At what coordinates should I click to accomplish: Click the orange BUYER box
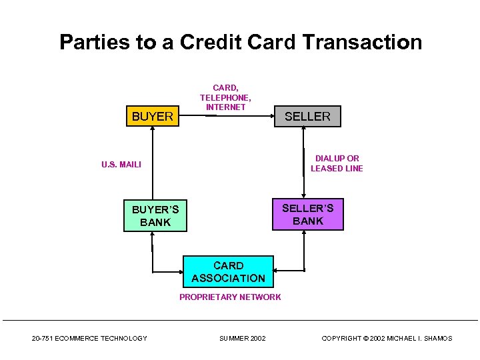click(153, 117)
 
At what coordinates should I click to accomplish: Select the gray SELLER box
click(307, 117)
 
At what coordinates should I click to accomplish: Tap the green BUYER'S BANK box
click(155, 216)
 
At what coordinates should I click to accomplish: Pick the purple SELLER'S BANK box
click(307, 215)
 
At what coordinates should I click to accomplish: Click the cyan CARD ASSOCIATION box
click(228, 272)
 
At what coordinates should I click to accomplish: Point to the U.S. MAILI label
click(121, 164)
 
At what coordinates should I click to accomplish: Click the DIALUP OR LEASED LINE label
click(337, 163)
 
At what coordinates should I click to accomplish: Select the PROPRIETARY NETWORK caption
click(230, 297)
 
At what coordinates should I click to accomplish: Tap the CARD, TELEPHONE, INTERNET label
click(225, 97)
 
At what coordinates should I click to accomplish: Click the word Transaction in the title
click(362, 43)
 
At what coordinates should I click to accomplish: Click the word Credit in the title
click(207, 43)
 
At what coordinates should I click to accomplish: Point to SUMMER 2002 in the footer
click(242, 339)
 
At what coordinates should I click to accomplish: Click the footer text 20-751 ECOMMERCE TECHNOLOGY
click(89, 339)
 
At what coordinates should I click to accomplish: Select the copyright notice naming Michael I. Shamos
click(387, 339)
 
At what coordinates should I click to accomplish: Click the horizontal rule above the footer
click(240, 321)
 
